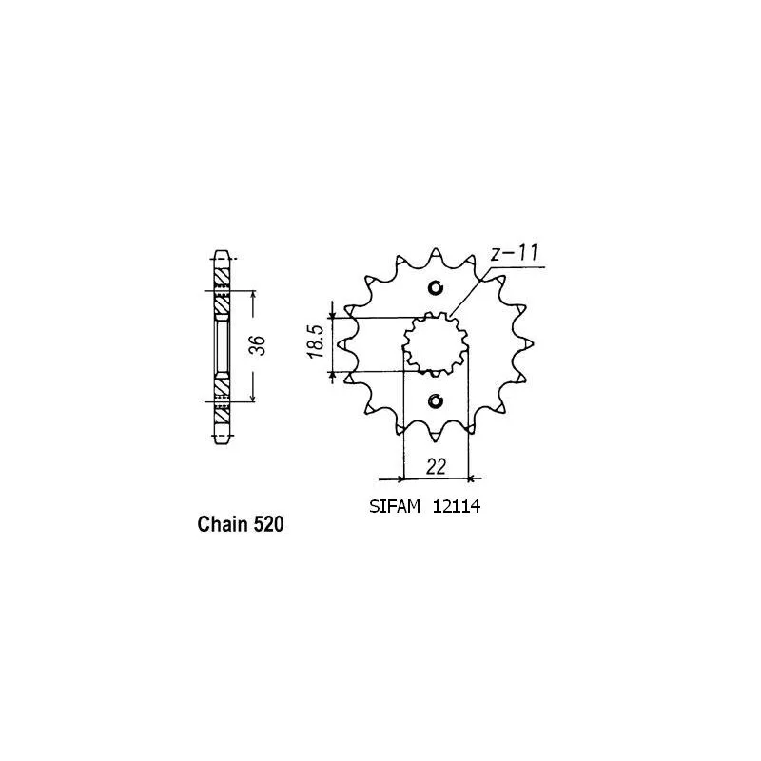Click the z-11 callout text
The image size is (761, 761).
514,253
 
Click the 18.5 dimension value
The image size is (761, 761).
315,341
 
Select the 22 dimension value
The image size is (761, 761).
436,467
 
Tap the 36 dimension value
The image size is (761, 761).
259,345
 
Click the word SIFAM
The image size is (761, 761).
394,507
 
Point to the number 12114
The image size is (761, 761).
457,507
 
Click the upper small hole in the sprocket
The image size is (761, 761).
436,288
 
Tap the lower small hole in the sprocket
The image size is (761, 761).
436,400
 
